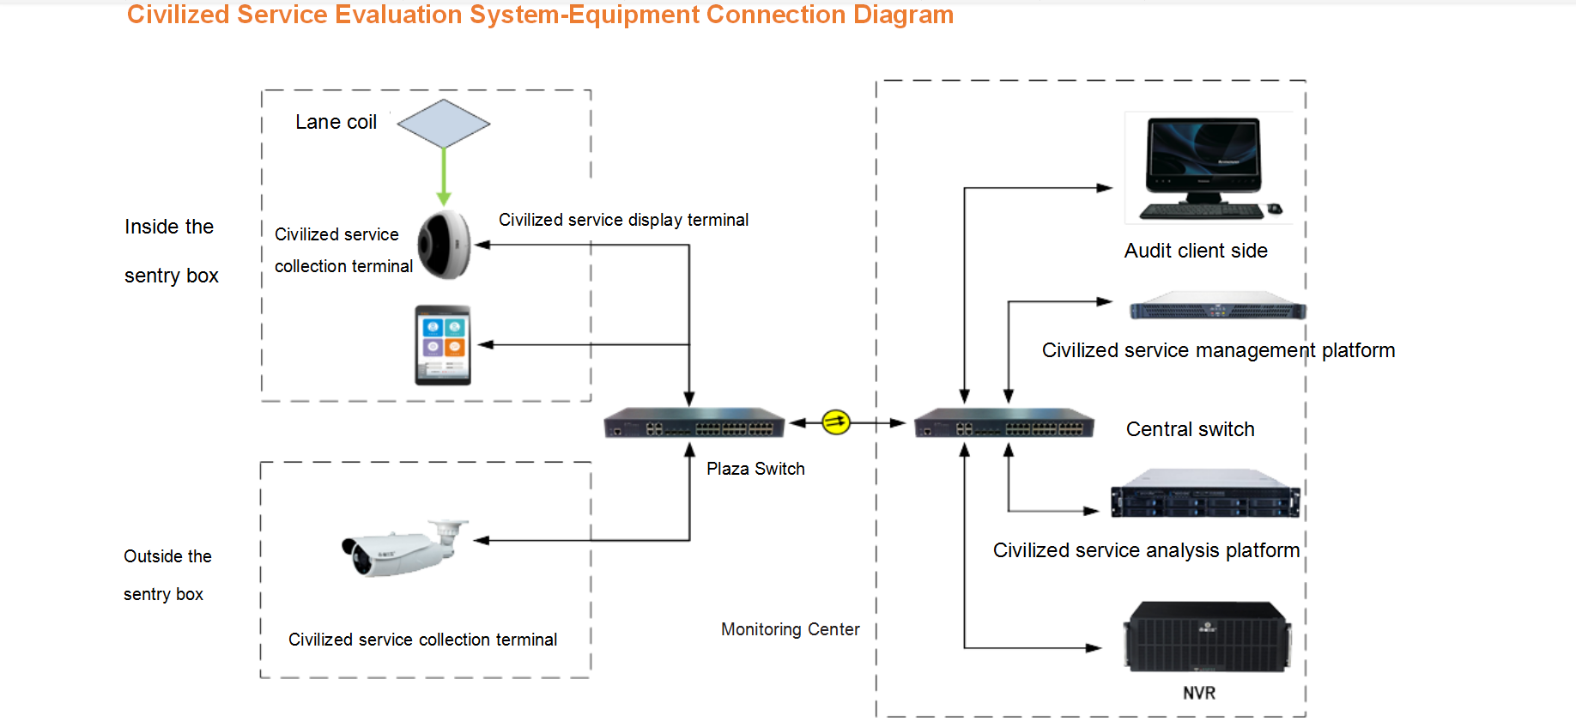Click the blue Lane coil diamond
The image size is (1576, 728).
click(x=443, y=124)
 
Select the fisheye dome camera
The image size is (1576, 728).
click(x=445, y=245)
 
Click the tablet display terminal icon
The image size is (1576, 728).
click(x=443, y=345)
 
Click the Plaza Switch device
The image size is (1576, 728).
click(x=694, y=423)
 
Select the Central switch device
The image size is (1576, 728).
click(x=1003, y=423)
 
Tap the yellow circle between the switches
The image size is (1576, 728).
click(x=835, y=422)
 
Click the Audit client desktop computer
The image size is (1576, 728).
click(x=1203, y=168)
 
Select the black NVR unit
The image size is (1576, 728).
click(x=1207, y=637)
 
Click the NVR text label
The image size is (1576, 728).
click(x=1198, y=693)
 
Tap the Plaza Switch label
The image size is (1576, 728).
click(x=755, y=469)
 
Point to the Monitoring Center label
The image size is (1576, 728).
click(x=790, y=629)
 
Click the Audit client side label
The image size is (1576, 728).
click(x=1196, y=251)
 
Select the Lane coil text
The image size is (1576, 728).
click(x=336, y=122)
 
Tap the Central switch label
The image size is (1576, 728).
click(x=1190, y=429)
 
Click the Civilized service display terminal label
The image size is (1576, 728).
click(x=623, y=220)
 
